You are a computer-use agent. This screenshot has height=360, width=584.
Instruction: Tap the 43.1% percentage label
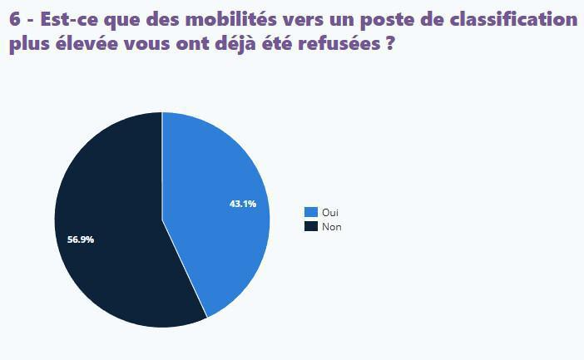[x=243, y=204]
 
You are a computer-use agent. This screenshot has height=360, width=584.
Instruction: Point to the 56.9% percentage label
[x=81, y=239]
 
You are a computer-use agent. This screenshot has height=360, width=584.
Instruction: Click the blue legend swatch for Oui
[x=311, y=213]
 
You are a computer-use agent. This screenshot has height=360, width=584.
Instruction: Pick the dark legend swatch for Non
[x=311, y=226]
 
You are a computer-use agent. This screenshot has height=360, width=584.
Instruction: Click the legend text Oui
[x=329, y=213]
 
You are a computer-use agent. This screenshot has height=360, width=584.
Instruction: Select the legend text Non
[x=331, y=226]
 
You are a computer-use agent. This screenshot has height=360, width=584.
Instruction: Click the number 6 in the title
[x=15, y=20]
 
